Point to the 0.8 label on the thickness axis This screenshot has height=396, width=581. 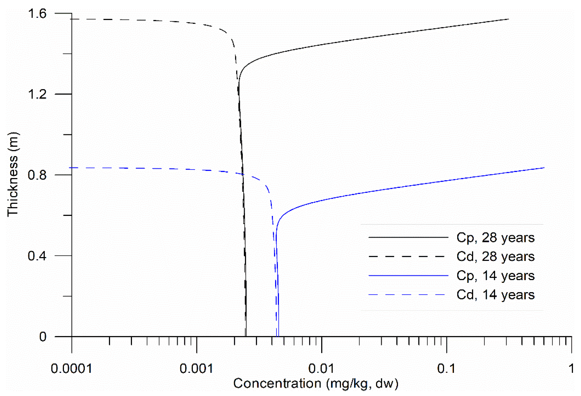pyautogui.click(x=37, y=175)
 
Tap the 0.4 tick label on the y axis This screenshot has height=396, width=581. pyautogui.click(x=37, y=256)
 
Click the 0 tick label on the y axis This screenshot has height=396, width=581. pyautogui.click(x=43, y=337)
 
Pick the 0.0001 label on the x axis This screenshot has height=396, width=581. pyautogui.click(x=72, y=368)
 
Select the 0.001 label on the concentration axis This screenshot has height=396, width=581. pyautogui.click(x=197, y=368)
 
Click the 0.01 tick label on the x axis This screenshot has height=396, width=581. pyautogui.click(x=321, y=368)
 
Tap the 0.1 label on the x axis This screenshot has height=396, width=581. pyautogui.click(x=446, y=368)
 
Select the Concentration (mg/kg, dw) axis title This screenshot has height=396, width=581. pyautogui.click(x=316, y=383)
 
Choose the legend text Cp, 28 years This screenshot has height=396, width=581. pyautogui.click(x=495, y=237)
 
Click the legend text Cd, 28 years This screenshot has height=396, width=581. pyautogui.click(x=495, y=257)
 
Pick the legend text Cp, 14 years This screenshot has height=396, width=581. pyautogui.click(x=495, y=276)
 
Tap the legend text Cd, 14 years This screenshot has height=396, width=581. pyautogui.click(x=495, y=295)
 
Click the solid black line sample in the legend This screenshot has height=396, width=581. pyautogui.click(x=408, y=237)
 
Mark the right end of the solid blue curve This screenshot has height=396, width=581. pyautogui.click(x=544, y=168)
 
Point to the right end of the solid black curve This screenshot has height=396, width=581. pyautogui.click(x=508, y=19)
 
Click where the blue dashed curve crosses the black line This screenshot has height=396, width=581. pyautogui.click(x=243, y=174)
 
